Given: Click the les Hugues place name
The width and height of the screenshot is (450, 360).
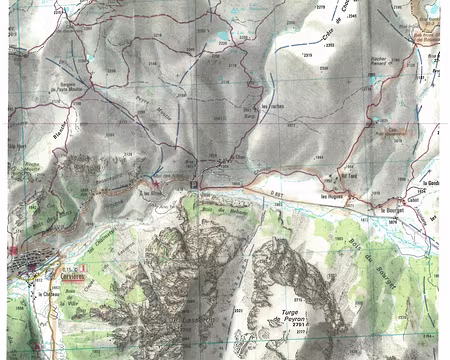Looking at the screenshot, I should click(x=332, y=197).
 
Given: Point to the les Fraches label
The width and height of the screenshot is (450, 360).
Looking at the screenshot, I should click(x=271, y=108).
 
